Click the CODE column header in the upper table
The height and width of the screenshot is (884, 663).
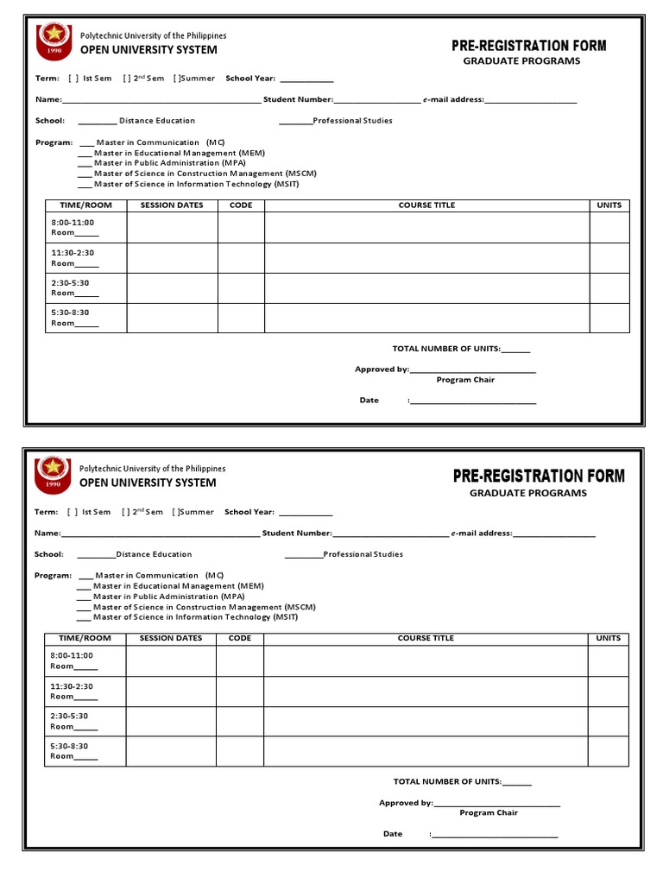pos(241,205)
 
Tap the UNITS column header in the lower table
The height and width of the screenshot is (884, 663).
pos(608,639)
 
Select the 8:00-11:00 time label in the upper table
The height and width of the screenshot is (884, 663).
pos(73,223)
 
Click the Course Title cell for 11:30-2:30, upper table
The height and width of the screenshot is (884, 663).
pos(426,257)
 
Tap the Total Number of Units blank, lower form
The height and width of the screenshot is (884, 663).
pos(516,784)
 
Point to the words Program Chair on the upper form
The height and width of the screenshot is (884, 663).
pos(465,380)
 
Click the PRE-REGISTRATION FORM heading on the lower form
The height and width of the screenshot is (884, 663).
pos(539,476)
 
